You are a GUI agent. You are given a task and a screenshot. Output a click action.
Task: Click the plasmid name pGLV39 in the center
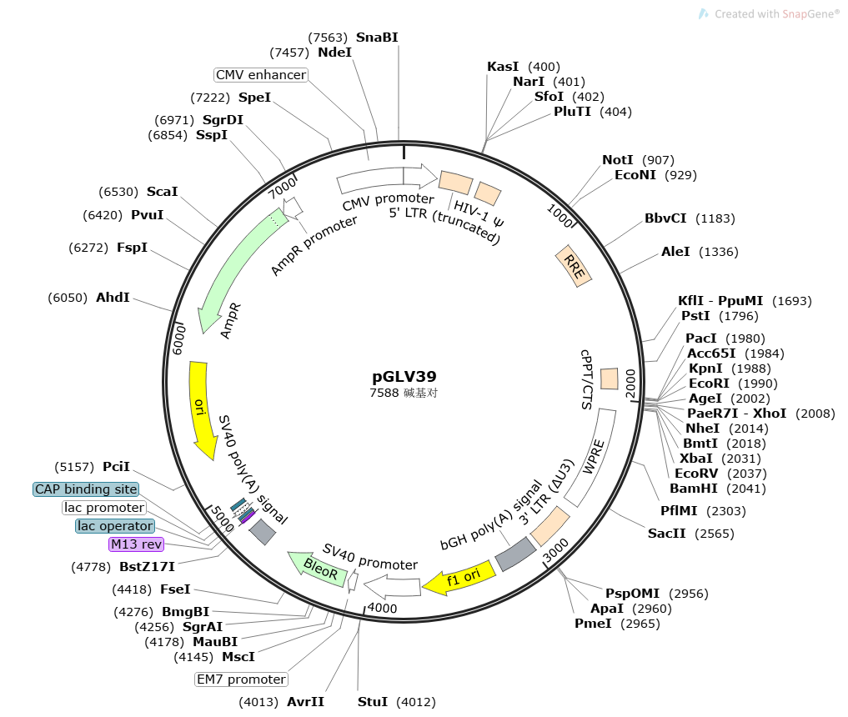point(404,377)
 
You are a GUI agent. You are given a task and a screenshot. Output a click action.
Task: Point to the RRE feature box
point(575,266)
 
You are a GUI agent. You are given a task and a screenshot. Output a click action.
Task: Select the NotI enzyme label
point(617,160)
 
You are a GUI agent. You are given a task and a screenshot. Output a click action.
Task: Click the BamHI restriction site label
point(693,489)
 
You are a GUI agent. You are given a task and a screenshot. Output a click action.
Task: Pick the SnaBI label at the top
point(377,38)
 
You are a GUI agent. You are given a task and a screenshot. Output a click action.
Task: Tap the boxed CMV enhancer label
point(261,75)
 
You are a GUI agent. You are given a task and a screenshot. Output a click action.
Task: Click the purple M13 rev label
point(136,544)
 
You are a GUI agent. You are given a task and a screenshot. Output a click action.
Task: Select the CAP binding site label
point(86,489)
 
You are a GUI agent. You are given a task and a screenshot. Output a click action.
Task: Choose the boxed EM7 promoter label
point(241,679)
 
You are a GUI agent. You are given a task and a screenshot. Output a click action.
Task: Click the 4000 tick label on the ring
point(382,608)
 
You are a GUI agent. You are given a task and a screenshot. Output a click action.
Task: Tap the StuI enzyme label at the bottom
point(373,702)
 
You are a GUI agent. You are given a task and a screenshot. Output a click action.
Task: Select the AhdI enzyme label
point(113,297)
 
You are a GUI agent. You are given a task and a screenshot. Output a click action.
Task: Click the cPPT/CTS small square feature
point(610,379)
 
